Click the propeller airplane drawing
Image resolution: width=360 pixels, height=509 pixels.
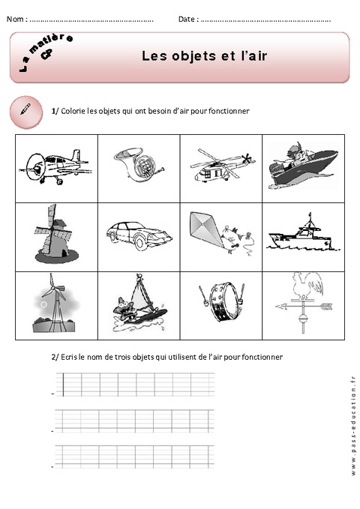tap(56, 165)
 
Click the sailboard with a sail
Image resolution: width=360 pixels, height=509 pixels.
tap(137, 303)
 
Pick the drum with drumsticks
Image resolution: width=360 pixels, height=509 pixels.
tap(220, 304)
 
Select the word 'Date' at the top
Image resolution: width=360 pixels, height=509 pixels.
tap(187, 19)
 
